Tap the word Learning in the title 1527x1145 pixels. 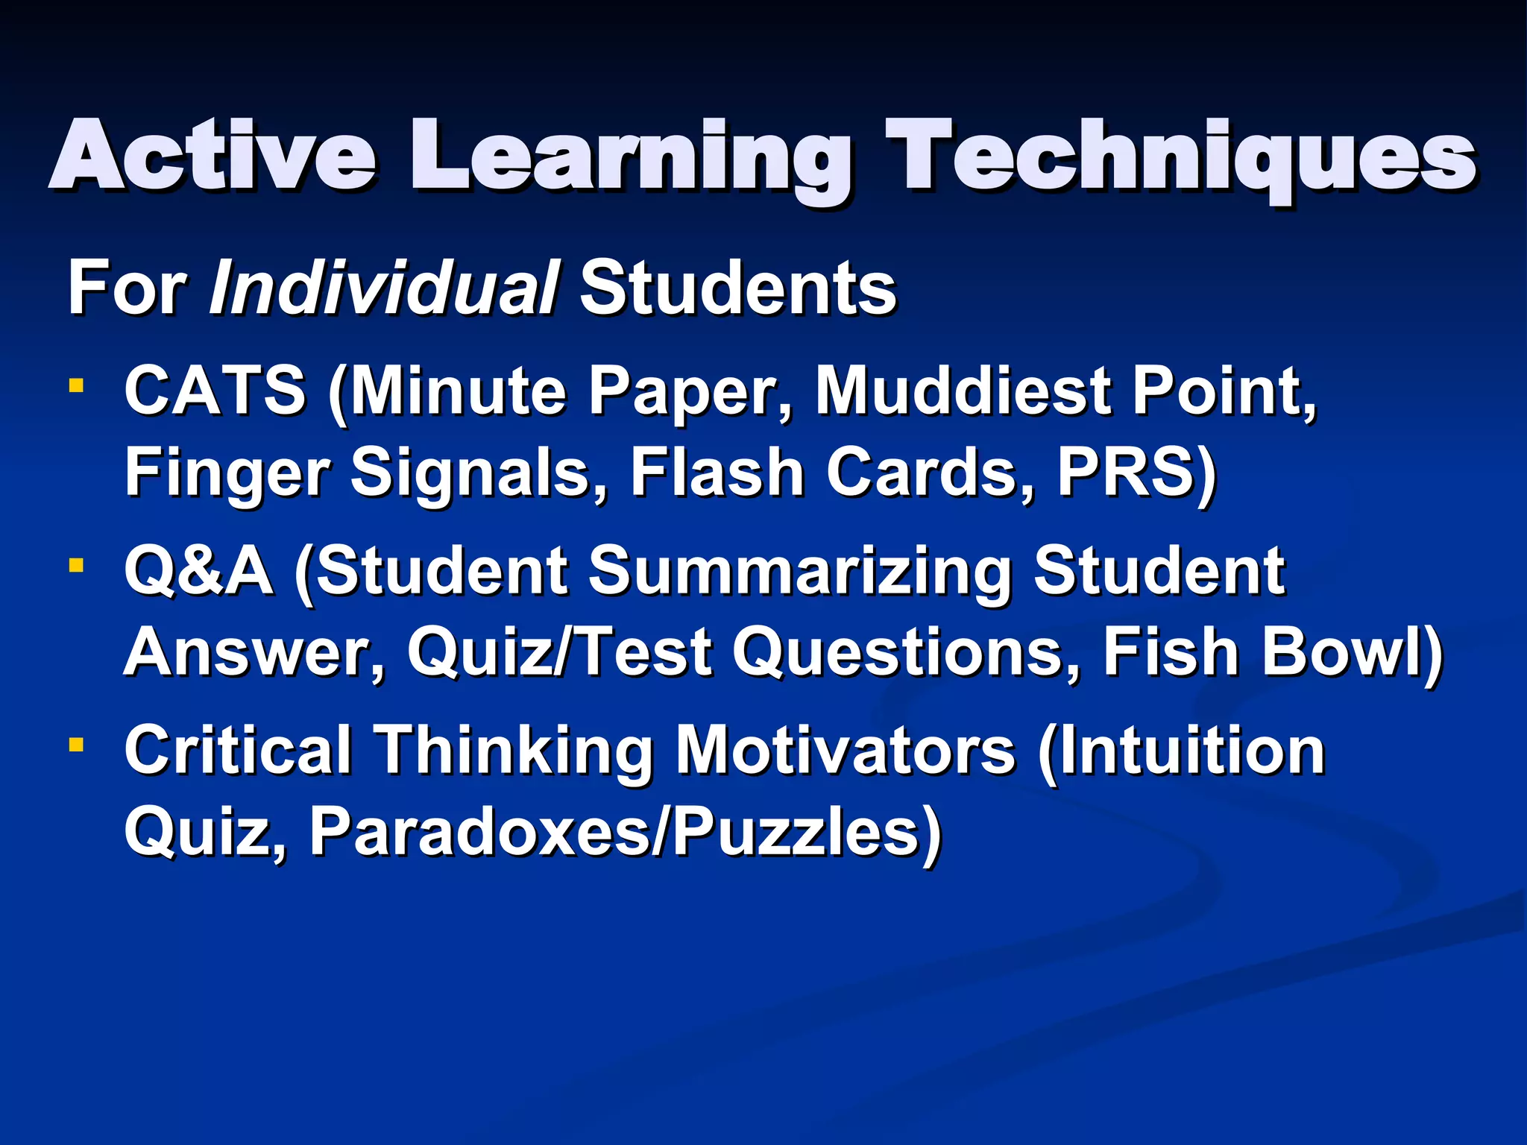pyautogui.click(x=631, y=160)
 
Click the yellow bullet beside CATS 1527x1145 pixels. pyautogui.click(x=75, y=385)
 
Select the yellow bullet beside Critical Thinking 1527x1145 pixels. pyautogui.click(x=75, y=745)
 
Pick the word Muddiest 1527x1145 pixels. pyautogui.click(x=963, y=391)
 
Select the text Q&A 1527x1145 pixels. pyautogui.click(x=198, y=571)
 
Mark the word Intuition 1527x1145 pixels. pyautogui.click(x=1190, y=751)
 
